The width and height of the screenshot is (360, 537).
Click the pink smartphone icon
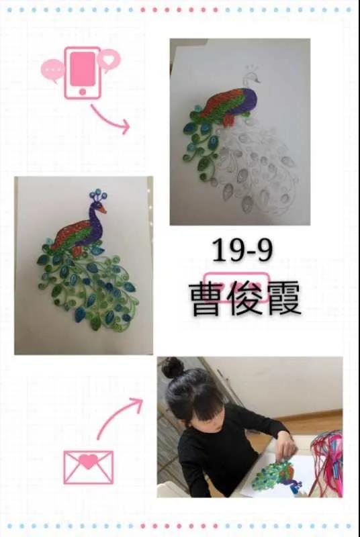[x=83, y=73]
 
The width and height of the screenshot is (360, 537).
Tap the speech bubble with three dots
[x=52, y=70]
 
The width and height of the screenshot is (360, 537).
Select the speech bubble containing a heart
[x=109, y=60]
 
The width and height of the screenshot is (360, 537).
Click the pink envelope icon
[x=89, y=467]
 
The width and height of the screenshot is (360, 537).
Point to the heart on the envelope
[x=89, y=461]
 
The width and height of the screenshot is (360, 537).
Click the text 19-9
[x=242, y=250]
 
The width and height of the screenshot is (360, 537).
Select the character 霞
[x=283, y=299]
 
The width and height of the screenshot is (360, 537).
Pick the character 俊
[x=245, y=299]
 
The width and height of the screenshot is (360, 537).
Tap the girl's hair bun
[x=173, y=367]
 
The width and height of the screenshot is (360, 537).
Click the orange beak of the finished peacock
[x=101, y=209]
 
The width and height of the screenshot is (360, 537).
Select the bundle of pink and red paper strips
[x=327, y=461]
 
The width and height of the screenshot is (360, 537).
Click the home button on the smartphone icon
[x=82, y=92]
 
